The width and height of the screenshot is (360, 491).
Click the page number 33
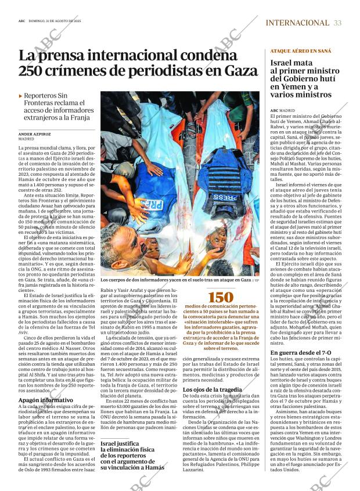(x=338, y=23)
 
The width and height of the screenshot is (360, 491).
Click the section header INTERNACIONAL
(x=297, y=23)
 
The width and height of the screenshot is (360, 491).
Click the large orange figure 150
(x=221, y=297)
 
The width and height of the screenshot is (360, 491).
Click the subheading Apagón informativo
(x=45, y=400)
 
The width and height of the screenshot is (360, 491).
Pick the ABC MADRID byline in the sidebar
(x=283, y=110)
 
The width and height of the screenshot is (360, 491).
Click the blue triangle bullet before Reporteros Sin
(x=21, y=96)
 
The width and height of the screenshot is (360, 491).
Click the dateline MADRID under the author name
(x=26, y=140)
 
